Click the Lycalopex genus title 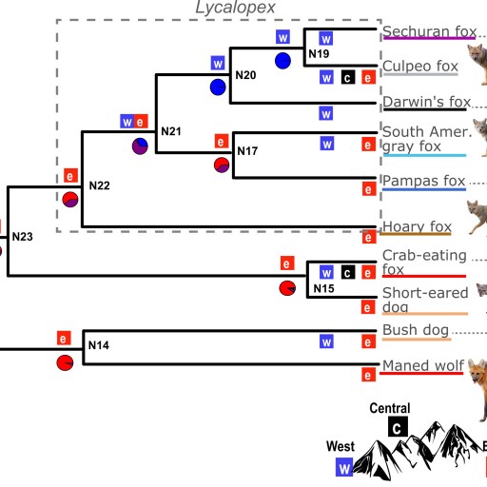(236, 9)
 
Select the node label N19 (319, 55)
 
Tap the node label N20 (245, 74)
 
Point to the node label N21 (170, 130)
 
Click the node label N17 (247, 151)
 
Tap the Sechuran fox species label (428, 31)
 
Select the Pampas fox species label (423, 181)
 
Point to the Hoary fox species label (417, 226)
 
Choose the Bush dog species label (416, 330)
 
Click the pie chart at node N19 (282, 61)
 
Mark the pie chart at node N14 (64, 364)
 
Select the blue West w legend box (344, 467)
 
